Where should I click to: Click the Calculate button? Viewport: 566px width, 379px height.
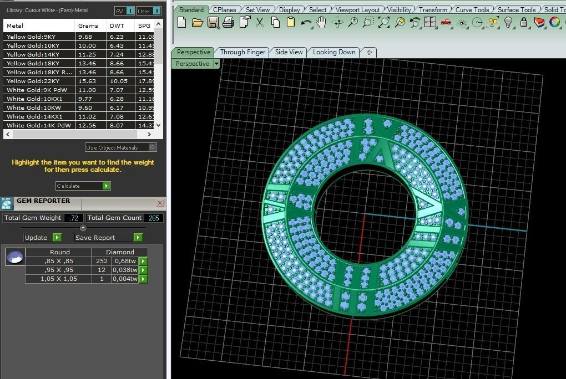(83, 186)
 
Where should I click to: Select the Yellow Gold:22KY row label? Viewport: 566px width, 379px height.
(33, 81)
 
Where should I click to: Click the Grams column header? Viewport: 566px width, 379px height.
(88, 25)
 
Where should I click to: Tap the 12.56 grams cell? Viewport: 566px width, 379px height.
(87, 125)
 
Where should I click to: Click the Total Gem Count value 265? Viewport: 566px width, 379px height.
(154, 218)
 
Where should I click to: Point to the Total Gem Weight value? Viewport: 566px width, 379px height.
(73, 218)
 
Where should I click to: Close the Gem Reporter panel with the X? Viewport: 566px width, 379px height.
(160, 203)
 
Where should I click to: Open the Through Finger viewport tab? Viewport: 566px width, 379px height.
(242, 52)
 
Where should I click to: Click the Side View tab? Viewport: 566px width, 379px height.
(289, 52)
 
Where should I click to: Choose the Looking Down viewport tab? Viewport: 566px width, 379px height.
(334, 52)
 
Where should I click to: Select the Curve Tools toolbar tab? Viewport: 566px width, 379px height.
(472, 9)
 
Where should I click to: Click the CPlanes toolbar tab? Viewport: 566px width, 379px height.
(224, 9)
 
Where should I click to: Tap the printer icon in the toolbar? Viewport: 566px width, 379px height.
(228, 22)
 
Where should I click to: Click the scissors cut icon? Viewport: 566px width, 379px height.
(260, 22)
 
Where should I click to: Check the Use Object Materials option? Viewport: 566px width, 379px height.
(152, 147)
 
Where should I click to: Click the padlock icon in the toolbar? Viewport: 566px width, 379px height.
(524, 22)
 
